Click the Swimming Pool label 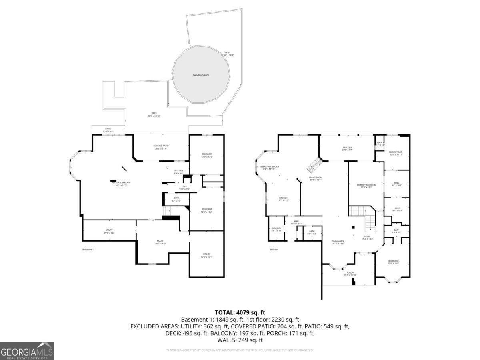point(201,75)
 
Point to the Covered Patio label point(161,147)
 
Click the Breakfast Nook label point(270,168)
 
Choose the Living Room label point(316,178)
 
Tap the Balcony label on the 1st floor point(347,148)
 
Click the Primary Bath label point(396,153)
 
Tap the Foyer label point(367,237)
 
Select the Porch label point(350,274)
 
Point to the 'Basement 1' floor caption point(88,250)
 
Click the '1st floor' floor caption point(274,250)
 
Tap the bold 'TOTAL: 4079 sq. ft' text point(240,312)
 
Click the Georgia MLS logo point(27,351)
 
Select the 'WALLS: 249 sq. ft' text point(240,340)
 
